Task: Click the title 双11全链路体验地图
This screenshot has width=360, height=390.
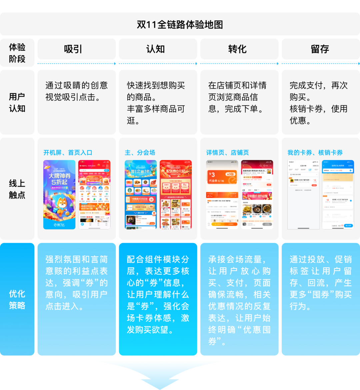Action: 180,25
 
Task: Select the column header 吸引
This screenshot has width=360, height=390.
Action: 73,49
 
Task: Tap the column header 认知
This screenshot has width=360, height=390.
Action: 155,49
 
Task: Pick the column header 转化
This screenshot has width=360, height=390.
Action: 237,49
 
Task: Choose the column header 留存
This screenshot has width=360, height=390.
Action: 320,49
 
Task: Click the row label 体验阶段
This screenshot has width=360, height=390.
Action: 17,53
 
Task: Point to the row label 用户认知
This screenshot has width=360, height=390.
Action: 17,102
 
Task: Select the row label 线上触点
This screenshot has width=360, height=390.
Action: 17,189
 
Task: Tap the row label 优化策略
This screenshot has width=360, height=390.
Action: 17,299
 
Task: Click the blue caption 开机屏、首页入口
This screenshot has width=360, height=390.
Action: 68,153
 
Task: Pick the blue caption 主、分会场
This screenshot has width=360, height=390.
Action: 140,153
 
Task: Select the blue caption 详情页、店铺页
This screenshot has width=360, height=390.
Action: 228,153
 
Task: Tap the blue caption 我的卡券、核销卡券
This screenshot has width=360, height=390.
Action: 315,153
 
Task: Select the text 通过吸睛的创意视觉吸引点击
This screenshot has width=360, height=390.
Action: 76,91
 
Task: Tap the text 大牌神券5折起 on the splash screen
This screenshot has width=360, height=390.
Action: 59,179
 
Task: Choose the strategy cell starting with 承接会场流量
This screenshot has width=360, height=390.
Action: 239,300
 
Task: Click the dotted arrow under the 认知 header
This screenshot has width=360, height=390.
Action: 158,64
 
